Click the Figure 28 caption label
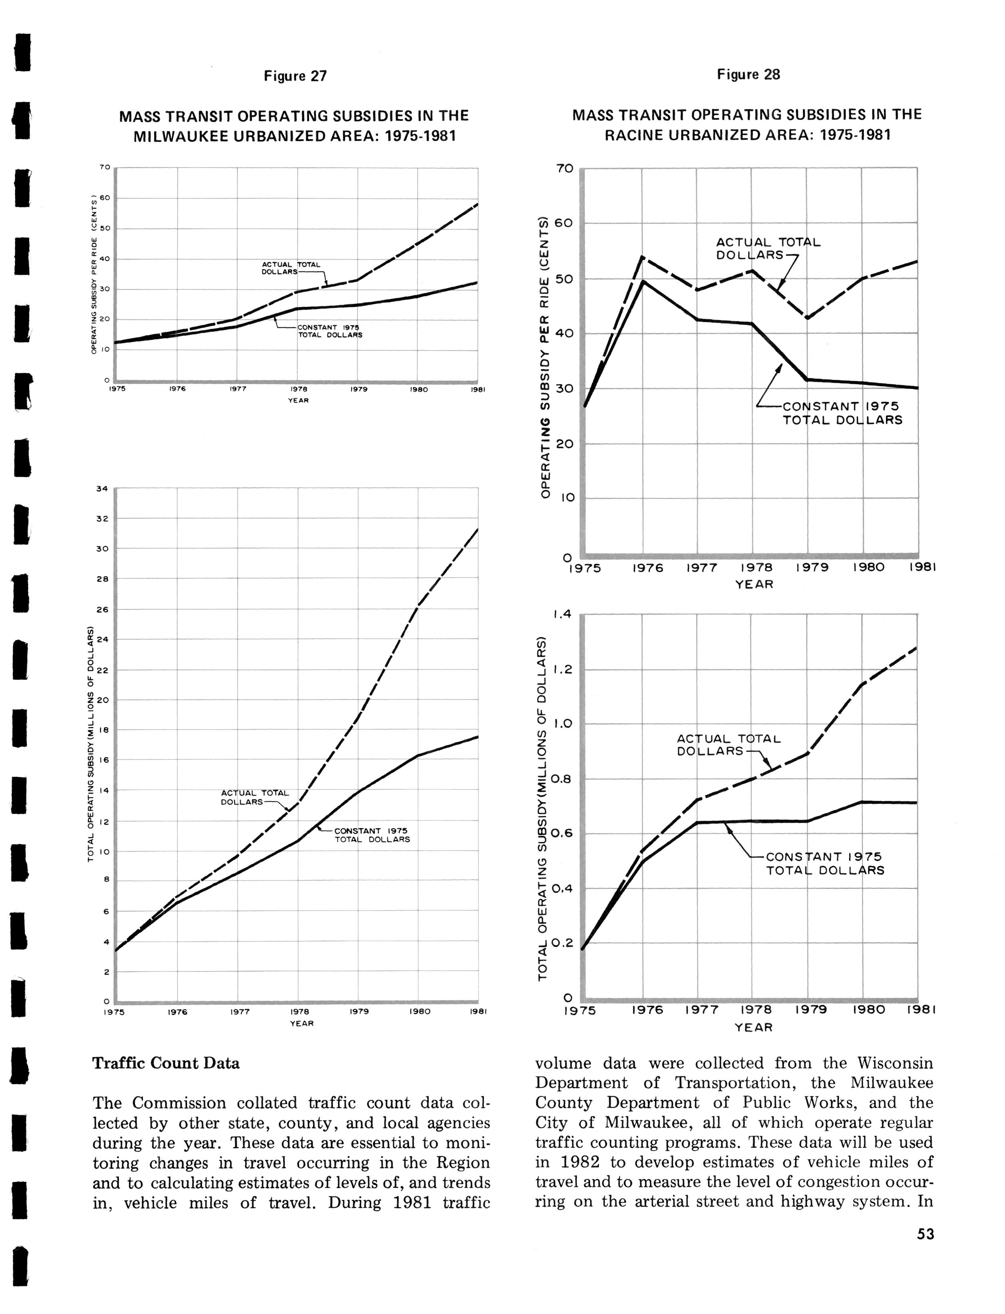pos(748,74)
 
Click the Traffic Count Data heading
pos(166,1063)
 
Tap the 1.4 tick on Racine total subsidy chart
pos(563,614)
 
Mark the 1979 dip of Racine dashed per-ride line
pos(808,318)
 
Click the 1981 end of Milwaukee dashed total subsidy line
pos(478,529)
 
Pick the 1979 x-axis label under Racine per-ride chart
pos(812,568)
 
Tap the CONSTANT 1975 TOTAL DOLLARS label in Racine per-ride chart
pos(842,413)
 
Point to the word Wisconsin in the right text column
pos(895,1063)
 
